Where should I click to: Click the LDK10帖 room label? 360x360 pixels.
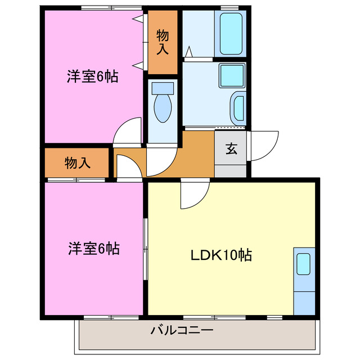[x=220, y=255]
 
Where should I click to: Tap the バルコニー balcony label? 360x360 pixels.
[x=181, y=330]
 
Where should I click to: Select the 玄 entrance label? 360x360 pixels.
[x=231, y=149]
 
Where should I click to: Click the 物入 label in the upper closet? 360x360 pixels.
[x=163, y=42]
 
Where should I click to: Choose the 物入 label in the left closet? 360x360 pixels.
[x=77, y=163]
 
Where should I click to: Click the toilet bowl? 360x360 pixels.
[x=163, y=109]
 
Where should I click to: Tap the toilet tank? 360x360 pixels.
[x=163, y=88]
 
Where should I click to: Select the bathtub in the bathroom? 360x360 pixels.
[x=231, y=34]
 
